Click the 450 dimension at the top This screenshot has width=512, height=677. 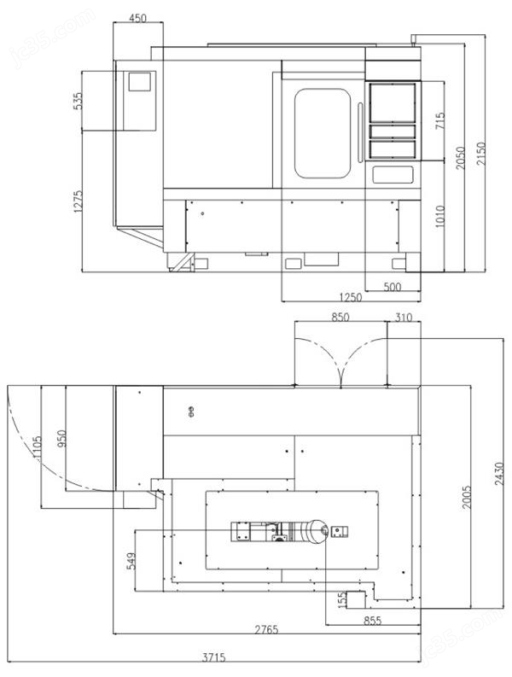click(x=137, y=18)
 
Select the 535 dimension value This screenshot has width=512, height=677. click(x=78, y=101)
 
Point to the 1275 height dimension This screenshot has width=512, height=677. click(x=78, y=201)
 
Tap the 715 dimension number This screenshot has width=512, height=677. click(x=439, y=122)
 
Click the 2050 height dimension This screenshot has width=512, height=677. click(x=461, y=158)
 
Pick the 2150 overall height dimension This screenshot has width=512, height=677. click(x=481, y=154)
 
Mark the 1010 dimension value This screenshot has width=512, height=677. click(x=439, y=216)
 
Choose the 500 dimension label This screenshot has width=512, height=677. click(x=393, y=287)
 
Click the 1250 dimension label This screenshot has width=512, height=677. click(x=351, y=297)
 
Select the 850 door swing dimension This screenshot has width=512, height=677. click(x=340, y=318)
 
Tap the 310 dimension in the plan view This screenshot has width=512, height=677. click(x=404, y=318)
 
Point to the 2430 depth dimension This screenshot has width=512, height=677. click(x=499, y=474)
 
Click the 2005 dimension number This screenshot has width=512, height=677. click(x=467, y=497)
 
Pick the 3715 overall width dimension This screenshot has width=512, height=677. click(x=213, y=657)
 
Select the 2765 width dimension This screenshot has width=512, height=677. click(x=266, y=629)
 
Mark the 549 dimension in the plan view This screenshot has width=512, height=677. click(x=132, y=561)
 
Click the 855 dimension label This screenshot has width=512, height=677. click(x=372, y=621)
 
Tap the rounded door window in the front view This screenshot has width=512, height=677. click(x=323, y=133)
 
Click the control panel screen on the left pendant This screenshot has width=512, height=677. click(x=139, y=82)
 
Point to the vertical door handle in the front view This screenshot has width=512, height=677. click(x=360, y=132)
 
